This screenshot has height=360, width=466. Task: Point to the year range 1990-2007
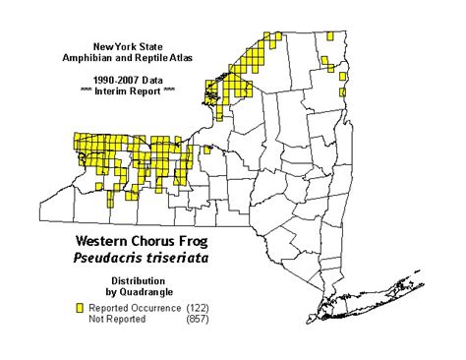coord(109,76)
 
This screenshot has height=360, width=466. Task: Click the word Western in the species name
coord(107,241)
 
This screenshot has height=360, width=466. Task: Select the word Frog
coord(205,241)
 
